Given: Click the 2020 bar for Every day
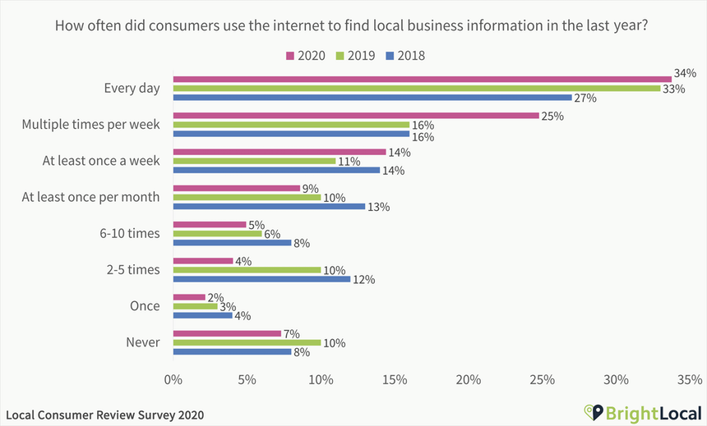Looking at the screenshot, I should (x=422, y=80).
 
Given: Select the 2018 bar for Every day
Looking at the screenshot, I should (x=372, y=98).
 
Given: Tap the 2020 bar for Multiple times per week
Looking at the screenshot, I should (x=355, y=116).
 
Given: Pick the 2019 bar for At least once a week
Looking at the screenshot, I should (x=254, y=161).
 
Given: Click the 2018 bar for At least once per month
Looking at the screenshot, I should (x=269, y=206).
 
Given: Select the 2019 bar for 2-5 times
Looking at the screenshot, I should (x=247, y=269).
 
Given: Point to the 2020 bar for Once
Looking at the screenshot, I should (x=188, y=297).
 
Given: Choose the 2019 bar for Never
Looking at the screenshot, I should (x=247, y=342).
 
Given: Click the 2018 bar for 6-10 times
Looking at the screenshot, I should (x=232, y=242).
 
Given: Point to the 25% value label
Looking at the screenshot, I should (x=552, y=116).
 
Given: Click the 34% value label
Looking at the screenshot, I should (x=686, y=72).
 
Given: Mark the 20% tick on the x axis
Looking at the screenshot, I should (x=468, y=380).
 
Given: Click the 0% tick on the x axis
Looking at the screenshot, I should (x=173, y=380).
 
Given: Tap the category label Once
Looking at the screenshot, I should (x=144, y=306).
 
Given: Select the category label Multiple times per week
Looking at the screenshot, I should (x=90, y=125).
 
